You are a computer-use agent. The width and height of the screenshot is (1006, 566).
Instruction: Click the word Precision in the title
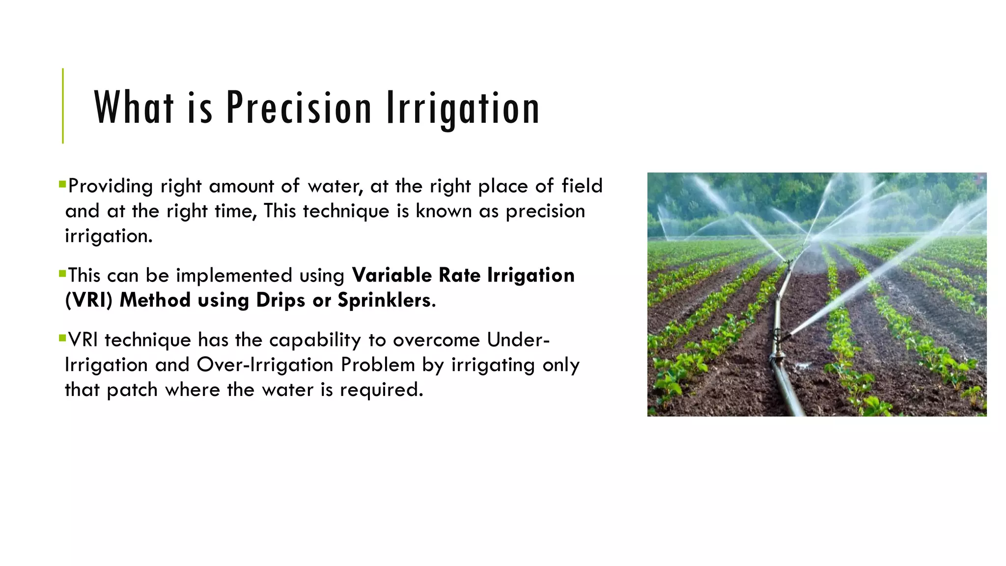298,108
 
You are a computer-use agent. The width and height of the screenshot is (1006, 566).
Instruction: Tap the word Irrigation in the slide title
463,109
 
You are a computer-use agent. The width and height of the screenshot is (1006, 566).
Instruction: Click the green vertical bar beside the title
63,106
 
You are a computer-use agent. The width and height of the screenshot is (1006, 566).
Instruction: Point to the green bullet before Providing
62,185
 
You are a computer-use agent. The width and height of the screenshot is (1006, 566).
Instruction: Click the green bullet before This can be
62,274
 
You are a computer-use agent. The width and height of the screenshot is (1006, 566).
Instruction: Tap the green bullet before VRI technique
62,338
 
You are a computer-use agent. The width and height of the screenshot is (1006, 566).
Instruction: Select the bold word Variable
392,275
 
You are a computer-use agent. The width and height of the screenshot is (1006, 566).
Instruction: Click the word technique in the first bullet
346,211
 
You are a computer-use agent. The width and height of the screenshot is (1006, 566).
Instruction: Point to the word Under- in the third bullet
518,340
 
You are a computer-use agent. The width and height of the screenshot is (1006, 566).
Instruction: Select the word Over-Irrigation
265,365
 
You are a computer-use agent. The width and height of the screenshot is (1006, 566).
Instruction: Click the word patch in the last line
132,390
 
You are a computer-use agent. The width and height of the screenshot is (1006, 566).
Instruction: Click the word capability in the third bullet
315,340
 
